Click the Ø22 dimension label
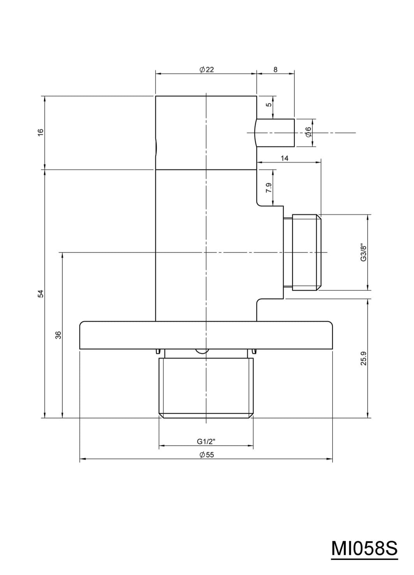pyautogui.click(x=206, y=70)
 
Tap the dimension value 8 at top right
pyautogui.click(x=275, y=70)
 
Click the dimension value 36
pyautogui.click(x=58, y=335)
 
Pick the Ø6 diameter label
pyautogui.click(x=308, y=132)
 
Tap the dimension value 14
pyautogui.click(x=284, y=158)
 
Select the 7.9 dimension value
pyautogui.click(x=268, y=188)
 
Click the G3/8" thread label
pyautogui.click(x=363, y=252)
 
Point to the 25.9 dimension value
pyautogui.click(x=363, y=358)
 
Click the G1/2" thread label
pyautogui.click(x=206, y=441)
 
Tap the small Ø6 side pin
pyautogui.click(x=275, y=133)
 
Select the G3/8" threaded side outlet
pyautogui.click(x=302, y=252)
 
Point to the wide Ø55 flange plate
pyautogui.click(x=206, y=335)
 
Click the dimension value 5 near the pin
pyautogui.click(x=268, y=104)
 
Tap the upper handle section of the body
pyautogui.click(x=206, y=132)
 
